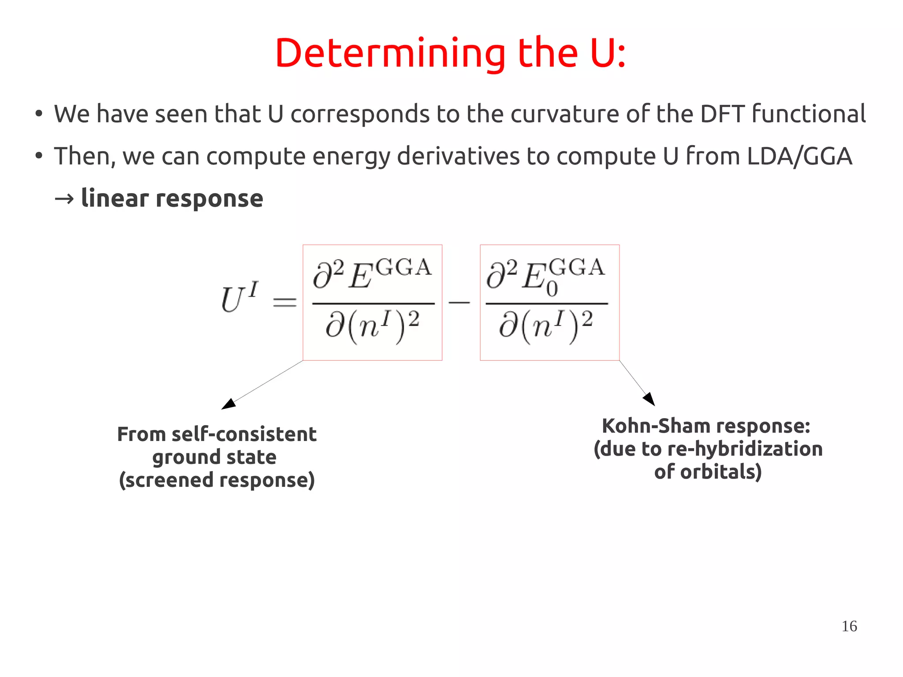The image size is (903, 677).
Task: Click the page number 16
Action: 849,626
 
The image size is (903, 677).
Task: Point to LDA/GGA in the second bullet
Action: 799,156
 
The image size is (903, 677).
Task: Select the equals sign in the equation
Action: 285,302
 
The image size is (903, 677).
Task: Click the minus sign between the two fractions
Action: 459,302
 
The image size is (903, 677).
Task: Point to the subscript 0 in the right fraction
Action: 552,289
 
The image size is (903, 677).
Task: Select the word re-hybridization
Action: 745,449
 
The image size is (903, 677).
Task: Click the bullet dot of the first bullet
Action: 39,114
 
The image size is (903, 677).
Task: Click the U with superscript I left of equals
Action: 239,298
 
